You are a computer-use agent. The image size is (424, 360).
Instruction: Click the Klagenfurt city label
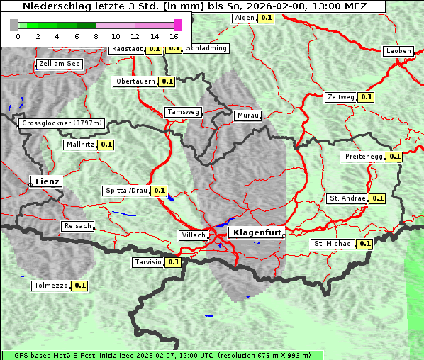coord(257,232)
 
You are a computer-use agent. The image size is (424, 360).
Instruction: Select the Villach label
coord(194,235)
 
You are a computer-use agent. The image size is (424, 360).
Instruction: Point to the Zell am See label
coord(60,64)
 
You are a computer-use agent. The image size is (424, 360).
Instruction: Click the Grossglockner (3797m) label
coord(62,123)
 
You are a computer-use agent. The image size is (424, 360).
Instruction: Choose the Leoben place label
coord(398,51)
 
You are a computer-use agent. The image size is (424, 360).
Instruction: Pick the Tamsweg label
coord(183,112)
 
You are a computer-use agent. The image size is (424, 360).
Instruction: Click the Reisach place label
coord(78,226)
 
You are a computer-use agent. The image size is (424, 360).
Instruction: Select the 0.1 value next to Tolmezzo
coord(79,286)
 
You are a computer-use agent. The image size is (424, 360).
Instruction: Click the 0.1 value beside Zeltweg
coord(366,97)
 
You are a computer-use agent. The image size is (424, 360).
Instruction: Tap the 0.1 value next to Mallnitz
coord(106,145)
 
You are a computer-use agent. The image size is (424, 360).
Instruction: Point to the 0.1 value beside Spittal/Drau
coord(159,191)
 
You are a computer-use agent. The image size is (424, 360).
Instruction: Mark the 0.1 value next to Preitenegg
coord(394,157)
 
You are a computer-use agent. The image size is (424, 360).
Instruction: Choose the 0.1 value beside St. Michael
coord(364,244)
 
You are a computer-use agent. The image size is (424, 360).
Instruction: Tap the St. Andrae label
coord(347,198)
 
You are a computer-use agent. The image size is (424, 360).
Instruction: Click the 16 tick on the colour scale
coord(174,36)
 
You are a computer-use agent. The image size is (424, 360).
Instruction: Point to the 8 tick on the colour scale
coord(96,36)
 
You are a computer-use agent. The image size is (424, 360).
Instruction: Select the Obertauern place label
coord(135,81)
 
